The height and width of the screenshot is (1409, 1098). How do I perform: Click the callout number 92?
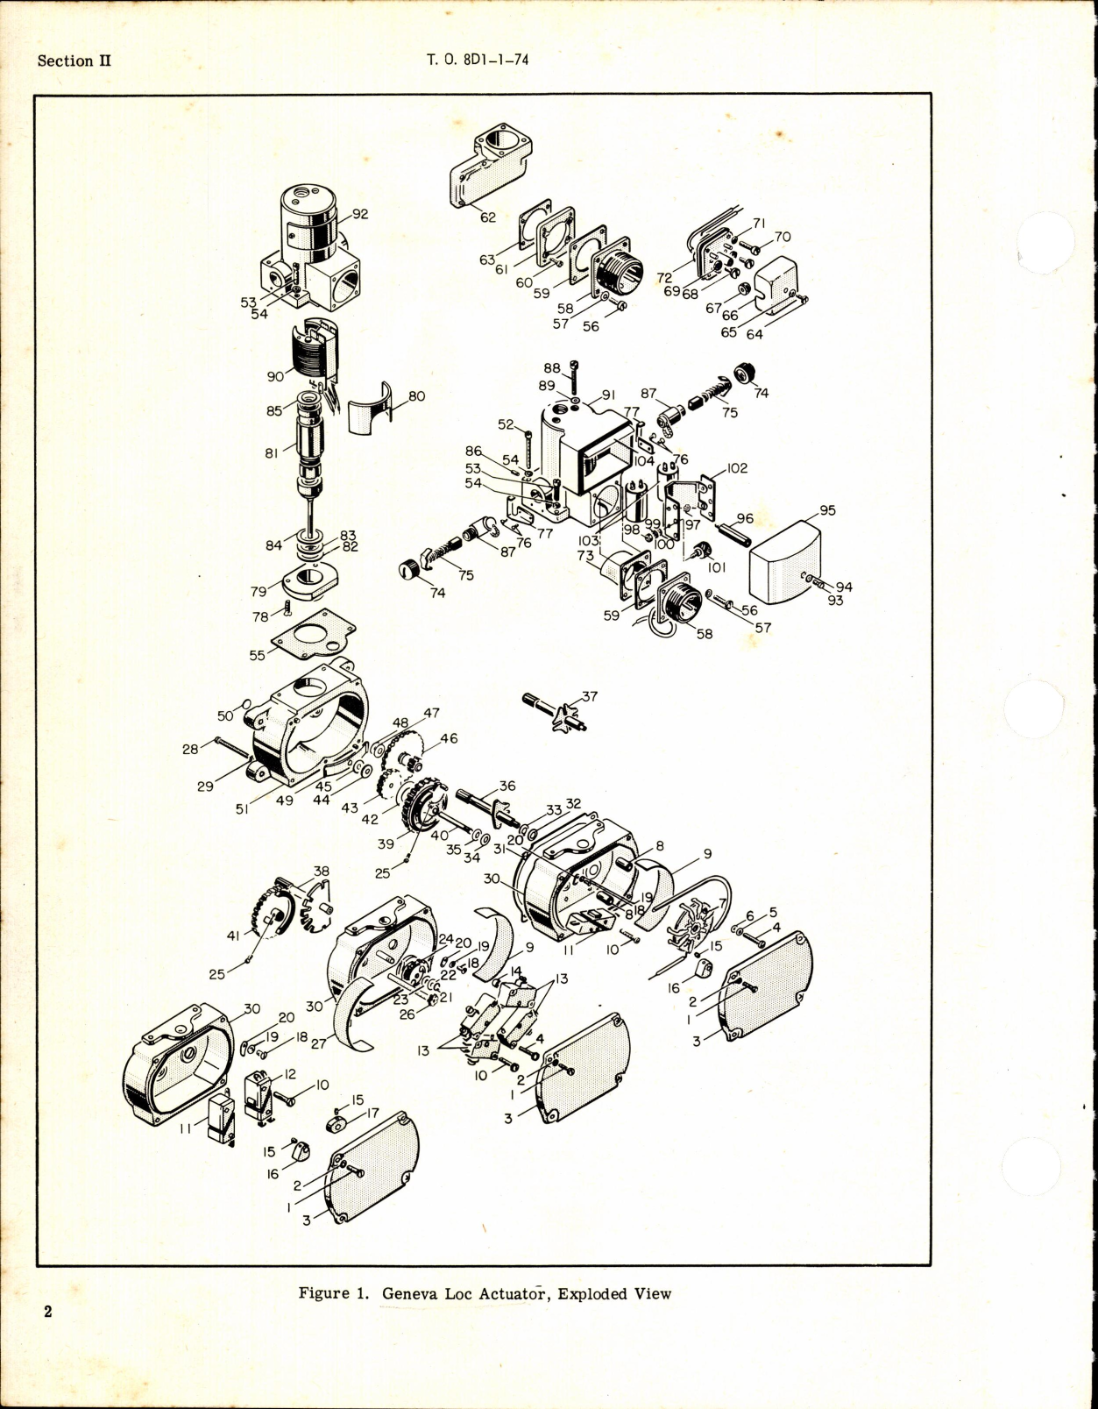[x=360, y=213]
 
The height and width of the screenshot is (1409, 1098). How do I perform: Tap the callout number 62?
[x=488, y=217]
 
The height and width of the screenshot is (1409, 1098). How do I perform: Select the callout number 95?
[x=827, y=510]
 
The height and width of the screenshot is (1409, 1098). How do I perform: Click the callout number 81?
[x=271, y=452]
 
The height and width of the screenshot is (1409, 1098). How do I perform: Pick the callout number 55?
[x=257, y=655]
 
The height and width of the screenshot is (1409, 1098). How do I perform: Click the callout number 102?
[x=737, y=468]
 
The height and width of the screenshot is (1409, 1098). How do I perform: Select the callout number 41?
[x=233, y=936]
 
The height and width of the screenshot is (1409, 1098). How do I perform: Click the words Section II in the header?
[x=74, y=60]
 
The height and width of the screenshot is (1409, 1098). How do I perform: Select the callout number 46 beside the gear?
[x=449, y=739]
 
